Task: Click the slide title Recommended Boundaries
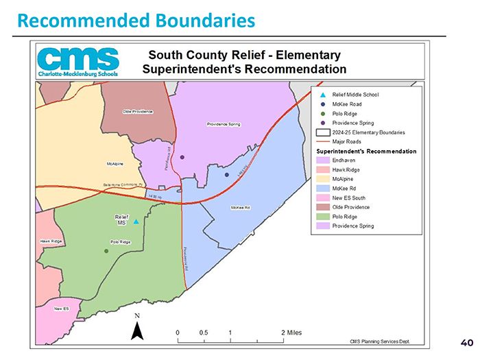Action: point(136,20)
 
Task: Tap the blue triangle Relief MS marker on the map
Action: point(136,221)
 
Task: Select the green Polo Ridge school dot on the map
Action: point(106,251)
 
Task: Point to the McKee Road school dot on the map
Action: point(227,175)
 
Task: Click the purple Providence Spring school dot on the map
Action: point(182,157)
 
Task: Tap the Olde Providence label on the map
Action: point(137,111)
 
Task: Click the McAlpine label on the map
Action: point(115,164)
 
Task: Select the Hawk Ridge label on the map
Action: point(51,241)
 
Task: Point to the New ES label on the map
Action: point(62,309)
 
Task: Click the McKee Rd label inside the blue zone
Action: point(240,207)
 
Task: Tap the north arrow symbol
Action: point(136,330)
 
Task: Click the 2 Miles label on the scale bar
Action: point(291,333)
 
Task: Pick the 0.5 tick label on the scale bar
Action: point(204,333)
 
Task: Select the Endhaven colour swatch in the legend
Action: point(322,160)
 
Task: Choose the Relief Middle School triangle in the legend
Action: point(322,95)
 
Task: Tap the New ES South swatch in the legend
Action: point(322,197)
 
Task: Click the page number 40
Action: point(466,342)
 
